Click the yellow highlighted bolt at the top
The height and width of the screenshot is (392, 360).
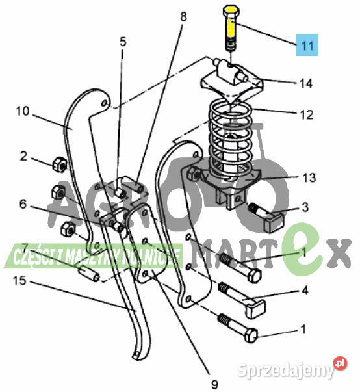tap(231, 27)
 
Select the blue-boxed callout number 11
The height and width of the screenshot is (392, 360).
tap(307, 45)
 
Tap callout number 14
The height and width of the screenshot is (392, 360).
tap(306, 83)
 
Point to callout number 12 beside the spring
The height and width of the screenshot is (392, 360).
tap(306, 115)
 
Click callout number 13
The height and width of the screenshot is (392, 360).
tap(309, 177)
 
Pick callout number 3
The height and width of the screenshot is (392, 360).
tap(305, 207)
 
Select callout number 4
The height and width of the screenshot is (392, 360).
tap(305, 291)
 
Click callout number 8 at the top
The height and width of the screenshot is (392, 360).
tap(183, 16)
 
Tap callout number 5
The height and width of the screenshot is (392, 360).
tap(123, 42)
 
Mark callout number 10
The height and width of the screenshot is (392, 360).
tap(23, 111)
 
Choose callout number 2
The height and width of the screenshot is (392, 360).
tap(23, 156)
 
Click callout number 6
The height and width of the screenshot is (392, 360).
tap(23, 204)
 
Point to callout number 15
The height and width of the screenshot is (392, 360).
tap(19, 280)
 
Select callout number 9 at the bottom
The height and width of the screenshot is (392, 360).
tap(214, 384)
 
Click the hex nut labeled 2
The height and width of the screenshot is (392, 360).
tap(60, 164)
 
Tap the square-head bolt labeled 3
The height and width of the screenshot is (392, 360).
tap(266, 218)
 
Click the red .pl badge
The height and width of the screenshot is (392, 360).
tap(340, 364)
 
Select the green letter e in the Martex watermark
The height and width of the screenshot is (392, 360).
tap(305, 250)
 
